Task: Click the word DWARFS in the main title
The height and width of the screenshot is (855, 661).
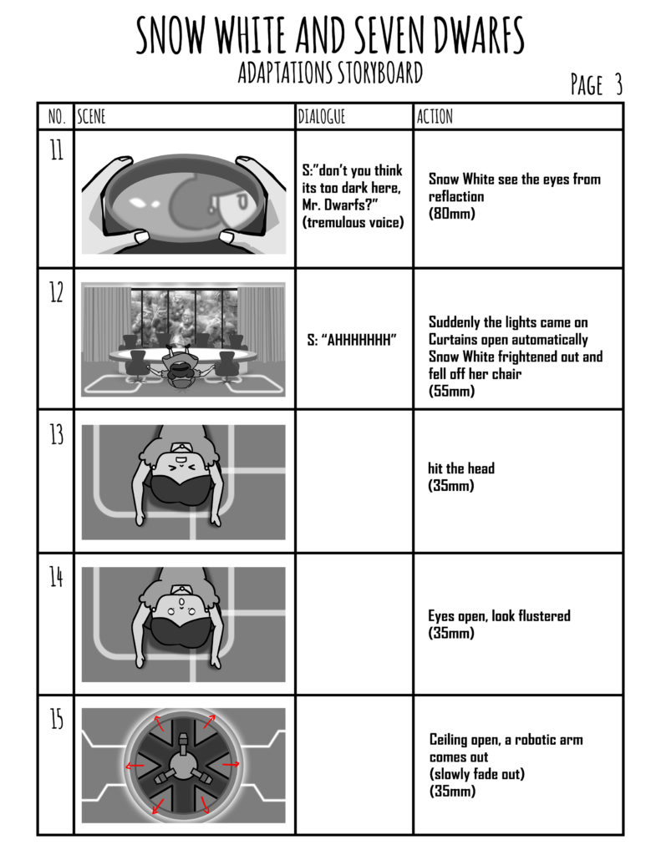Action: click(x=479, y=34)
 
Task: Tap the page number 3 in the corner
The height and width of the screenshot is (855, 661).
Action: click(x=618, y=84)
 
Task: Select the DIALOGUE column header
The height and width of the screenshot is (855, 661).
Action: click(x=322, y=116)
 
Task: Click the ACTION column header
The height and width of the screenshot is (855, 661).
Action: click(x=435, y=116)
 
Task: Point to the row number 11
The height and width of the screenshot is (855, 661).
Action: click(x=56, y=149)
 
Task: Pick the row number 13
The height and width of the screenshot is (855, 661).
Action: click(x=56, y=434)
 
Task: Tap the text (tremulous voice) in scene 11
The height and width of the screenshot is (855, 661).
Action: click(x=353, y=222)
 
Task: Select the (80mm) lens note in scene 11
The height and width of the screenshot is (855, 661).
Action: click(x=451, y=213)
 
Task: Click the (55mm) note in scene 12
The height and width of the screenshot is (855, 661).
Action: click(x=451, y=391)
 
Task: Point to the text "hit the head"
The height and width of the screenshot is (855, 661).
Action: click(x=461, y=468)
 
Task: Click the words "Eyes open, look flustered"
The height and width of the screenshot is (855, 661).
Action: click(x=499, y=616)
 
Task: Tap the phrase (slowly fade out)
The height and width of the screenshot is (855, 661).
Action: click(x=476, y=774)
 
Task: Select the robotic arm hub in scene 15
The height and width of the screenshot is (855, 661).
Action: click(x=183, y=765)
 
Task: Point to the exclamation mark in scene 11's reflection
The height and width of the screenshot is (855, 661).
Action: click(x=212, y=204)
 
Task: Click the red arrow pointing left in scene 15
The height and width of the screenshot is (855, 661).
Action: click(x=135, y=766)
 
